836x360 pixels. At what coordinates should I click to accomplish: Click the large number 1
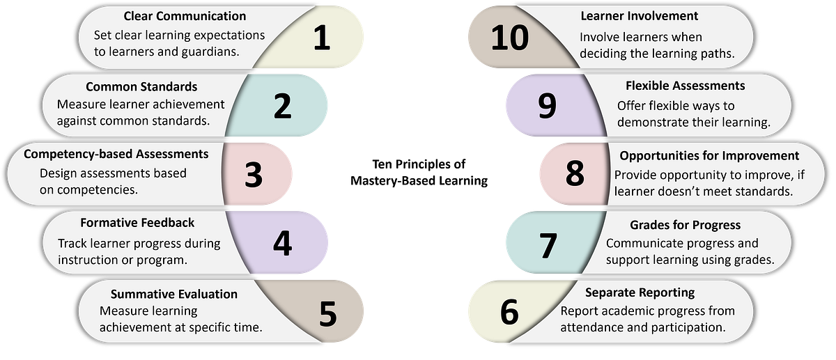pyautogui.click(x=320, y=39)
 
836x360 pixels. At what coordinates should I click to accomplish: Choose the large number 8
pyautogui.click(x=575, y=174)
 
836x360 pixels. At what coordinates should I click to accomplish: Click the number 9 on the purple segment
pyautogui.click(x=547, y=107)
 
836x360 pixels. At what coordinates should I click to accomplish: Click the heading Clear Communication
pyautogui.click(x=185, y=15)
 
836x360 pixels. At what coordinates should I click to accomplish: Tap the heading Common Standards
pyautogui.click(x=141, y=87)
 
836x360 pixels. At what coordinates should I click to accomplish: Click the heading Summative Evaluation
pyautogui.click(x=174, y=293)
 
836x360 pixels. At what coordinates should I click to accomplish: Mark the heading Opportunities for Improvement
pyautogui.click(x=709, y=155)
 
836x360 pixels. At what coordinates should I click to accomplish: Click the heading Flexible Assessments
pyautogui.click(x=686, y=86)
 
